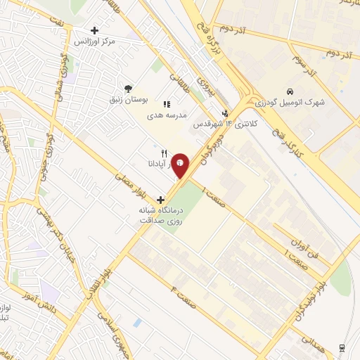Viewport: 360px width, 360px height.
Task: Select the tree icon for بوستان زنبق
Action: tap(127, 89)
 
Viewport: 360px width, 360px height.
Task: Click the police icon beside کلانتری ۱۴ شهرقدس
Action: tap(225, 112)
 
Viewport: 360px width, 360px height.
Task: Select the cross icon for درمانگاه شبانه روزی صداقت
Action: tap(161, 200)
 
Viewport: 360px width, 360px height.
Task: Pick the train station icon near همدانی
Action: tap(342, 348)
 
